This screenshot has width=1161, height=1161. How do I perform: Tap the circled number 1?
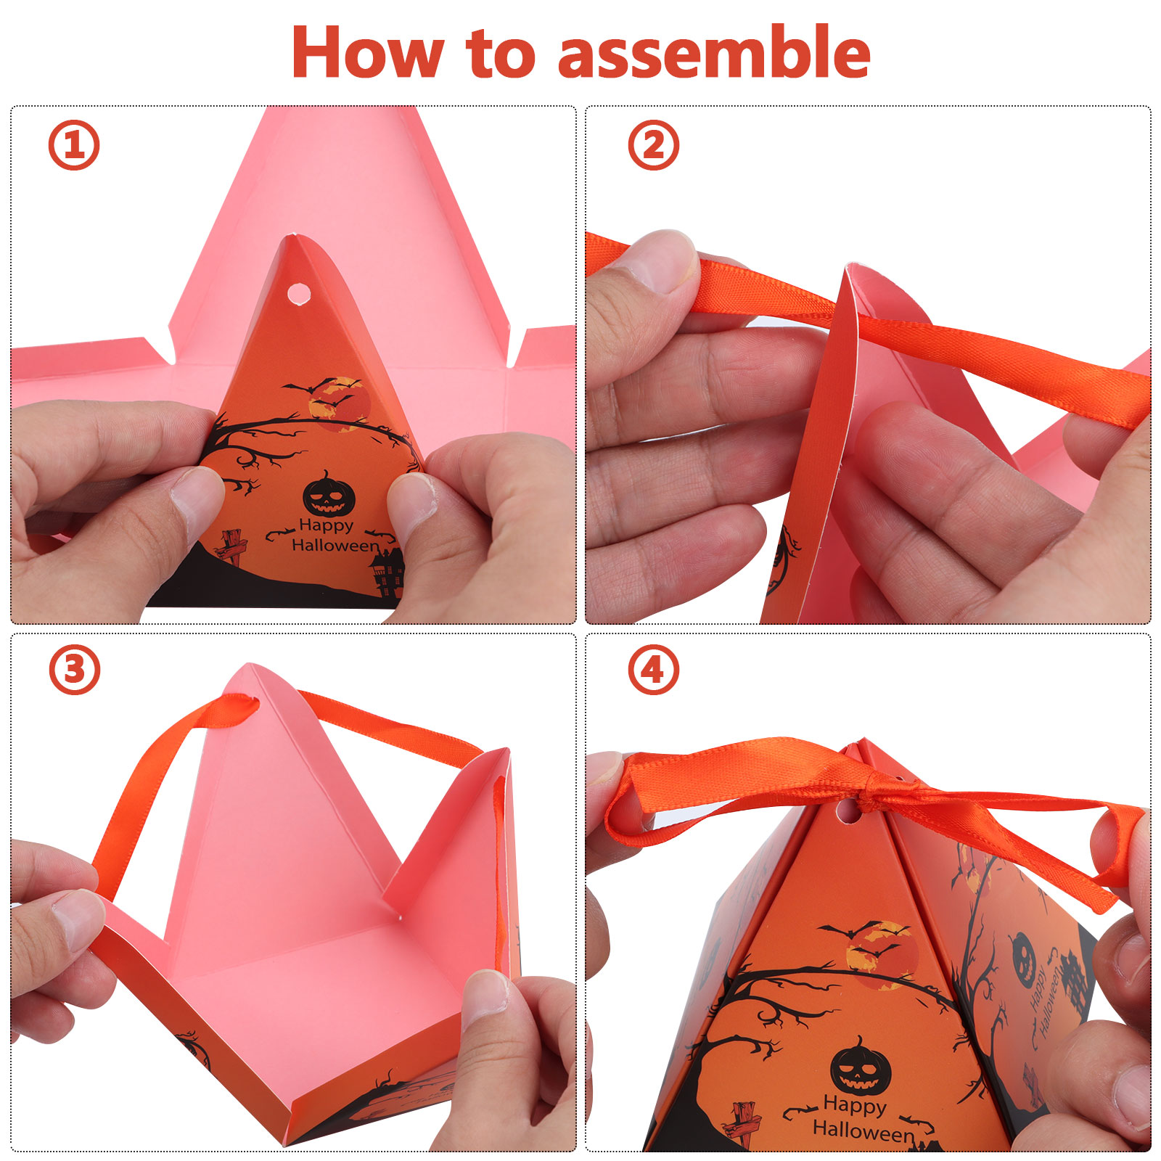coord(74,145)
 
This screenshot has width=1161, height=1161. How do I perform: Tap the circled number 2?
coord(653,145)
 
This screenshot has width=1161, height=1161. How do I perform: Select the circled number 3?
coord(74,669)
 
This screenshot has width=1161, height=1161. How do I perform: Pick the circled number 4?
coord(653,669)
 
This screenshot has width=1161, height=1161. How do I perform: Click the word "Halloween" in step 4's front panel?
coord(863,1130)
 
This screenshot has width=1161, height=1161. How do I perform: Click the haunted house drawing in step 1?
coord(387,573)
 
